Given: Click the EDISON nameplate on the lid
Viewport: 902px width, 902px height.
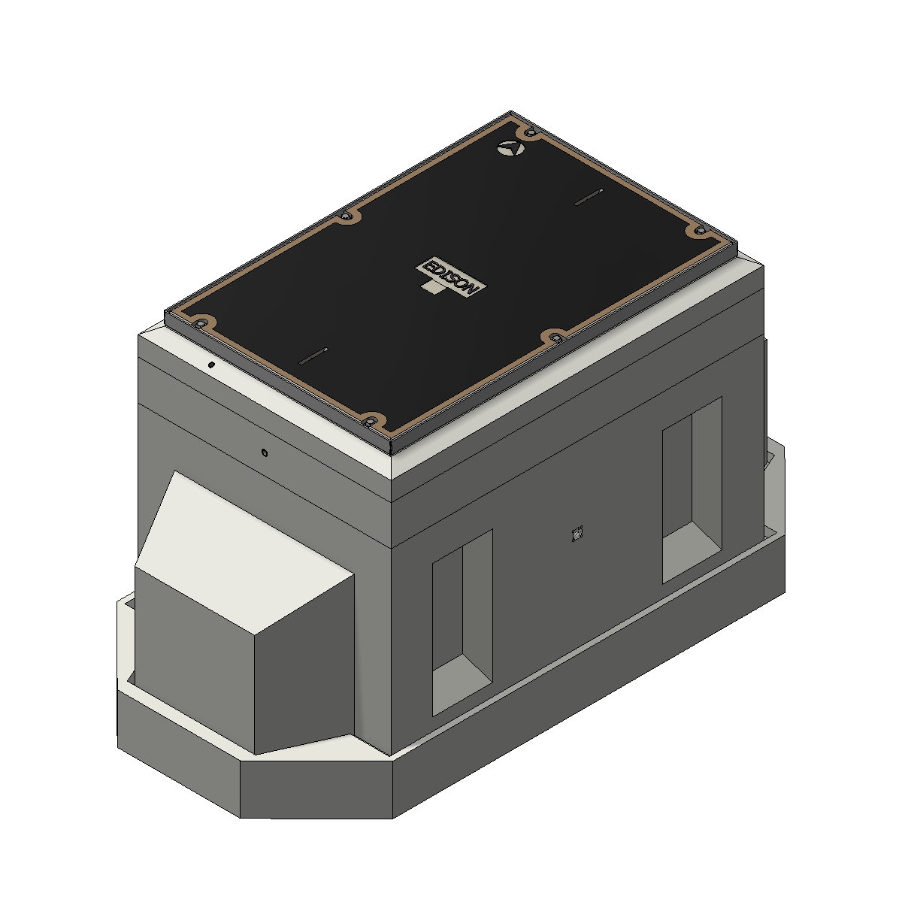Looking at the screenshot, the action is tap(450, 276).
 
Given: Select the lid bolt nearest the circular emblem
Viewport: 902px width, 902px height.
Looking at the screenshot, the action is tap(530, 132).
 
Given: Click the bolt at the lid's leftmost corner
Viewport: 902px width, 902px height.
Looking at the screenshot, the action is tap(201, 323).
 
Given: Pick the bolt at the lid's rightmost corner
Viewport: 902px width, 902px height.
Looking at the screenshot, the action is tap(701, 230).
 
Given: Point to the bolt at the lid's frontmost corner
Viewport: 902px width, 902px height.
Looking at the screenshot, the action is tap(371, 422).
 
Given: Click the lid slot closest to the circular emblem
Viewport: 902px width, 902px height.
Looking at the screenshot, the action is tap(589, 197).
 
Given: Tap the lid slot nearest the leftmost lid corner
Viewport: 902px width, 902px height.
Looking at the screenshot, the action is tap(313, 356).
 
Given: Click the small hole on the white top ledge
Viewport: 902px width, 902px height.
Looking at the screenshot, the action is tap(211, 365).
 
